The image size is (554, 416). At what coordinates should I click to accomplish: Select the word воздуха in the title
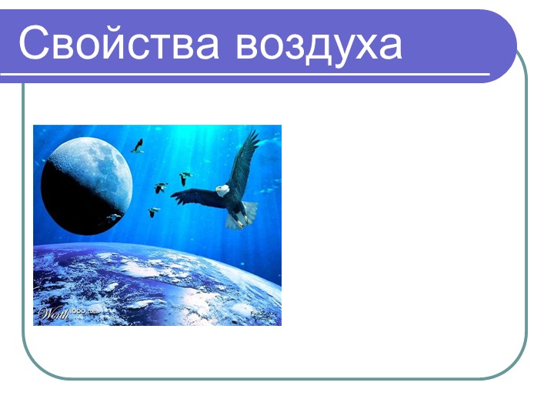[319, 45]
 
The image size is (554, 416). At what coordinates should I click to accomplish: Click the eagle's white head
[222, 189]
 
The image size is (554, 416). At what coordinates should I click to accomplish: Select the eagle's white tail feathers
[247, 211]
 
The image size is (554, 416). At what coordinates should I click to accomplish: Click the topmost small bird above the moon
[138, 145]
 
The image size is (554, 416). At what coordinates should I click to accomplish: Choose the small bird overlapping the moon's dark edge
[114, 217]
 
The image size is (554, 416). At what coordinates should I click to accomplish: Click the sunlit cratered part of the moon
[92, 162]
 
